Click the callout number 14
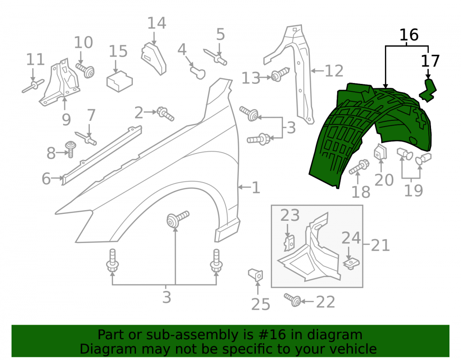tap(157, 23)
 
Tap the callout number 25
tap(261, 304)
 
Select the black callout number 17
tap(430, 61)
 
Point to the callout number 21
tap(380, 245)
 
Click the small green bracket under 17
tap(428, 91)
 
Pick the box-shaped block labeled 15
tap(119, 82)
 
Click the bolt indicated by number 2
tap(166, 113)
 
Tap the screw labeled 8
tap(71, 149)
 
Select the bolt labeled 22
tap(293, 300)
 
